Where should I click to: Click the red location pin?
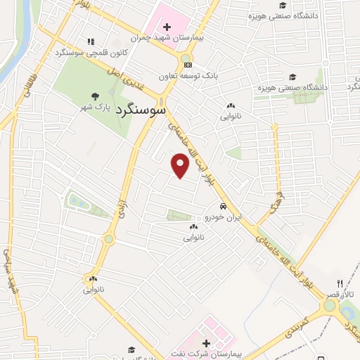coord(180,166)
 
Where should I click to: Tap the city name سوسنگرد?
coord(140,110)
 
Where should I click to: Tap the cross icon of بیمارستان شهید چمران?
coord(166,27)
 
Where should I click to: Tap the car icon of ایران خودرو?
coord(223,207)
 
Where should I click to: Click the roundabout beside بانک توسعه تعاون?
coord(186,60)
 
